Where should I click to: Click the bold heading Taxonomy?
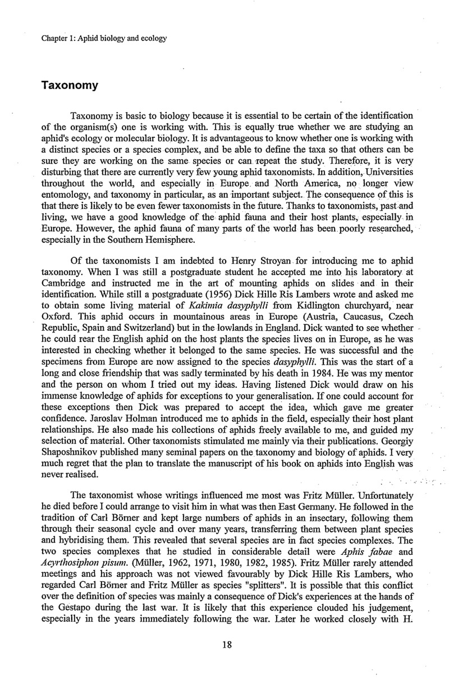coord(70,85)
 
